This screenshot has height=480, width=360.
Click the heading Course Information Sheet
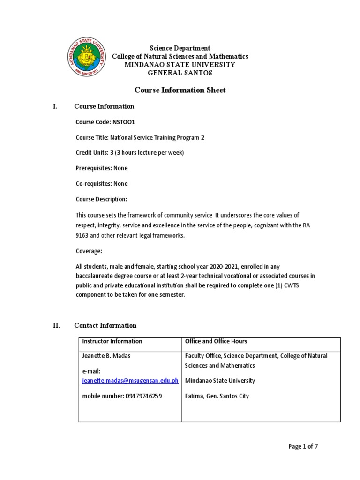pos(180,90)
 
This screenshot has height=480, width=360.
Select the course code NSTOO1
pos(124,122)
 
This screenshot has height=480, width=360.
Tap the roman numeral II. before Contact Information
pos(57,325)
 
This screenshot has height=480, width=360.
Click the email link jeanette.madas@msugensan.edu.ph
pos(130,381)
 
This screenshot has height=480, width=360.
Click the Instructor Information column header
pos(112,341)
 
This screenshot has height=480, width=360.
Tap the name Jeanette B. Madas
pos(106,356)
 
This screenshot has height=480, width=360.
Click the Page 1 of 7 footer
pos(303,447)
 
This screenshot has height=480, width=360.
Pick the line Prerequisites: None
pos(102,168)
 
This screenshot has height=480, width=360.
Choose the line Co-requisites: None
pos(102,184)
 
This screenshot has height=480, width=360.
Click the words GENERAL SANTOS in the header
pos(180,73)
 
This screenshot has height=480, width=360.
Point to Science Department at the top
pos(180,48)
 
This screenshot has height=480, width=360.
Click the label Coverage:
pos(89,251)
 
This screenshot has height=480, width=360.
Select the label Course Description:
pos(101,199)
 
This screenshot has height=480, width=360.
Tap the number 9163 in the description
pos(82,235)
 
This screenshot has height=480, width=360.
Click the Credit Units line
pos(130,153)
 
